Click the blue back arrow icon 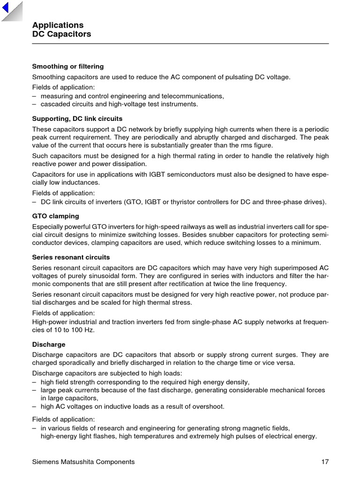click(x=6, y=8)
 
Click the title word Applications click(x=58, y=25)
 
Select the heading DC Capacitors click(x=61, y=34)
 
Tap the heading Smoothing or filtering click(x=67, y=67)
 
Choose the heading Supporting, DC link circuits click(x=77, y=119)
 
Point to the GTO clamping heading click(x=55, y=216)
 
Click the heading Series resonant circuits click(x=71, y=257)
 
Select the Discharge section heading click(x=49, y=345)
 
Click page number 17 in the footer click(x=325, y=462)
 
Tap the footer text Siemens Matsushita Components click(x=83, y=462)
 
